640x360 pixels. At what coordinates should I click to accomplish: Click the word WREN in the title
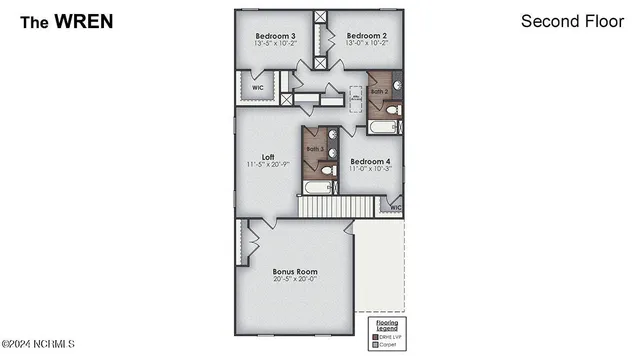click(x=84, y=20)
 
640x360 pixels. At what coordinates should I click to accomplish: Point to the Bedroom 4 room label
click(x=370, y=161)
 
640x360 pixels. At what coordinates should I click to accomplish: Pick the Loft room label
click(x=268, y=156)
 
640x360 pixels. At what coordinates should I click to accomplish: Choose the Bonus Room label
click(x=295, y=271)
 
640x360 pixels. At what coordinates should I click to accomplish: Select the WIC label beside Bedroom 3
click(x=258, y=87)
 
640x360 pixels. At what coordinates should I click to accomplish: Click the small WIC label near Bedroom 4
click(x=395, y=208)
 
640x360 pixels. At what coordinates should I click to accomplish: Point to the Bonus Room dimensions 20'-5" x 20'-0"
click(x=295, y=280)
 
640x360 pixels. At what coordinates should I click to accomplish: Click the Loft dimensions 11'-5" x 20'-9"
click(x=268, y=164)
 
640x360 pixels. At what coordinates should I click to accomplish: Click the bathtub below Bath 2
click(x=384, y=128)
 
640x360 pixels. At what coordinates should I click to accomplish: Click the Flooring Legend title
click(x=387, y=325)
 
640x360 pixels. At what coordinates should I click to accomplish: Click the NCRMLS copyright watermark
click(x=38, y=344)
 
